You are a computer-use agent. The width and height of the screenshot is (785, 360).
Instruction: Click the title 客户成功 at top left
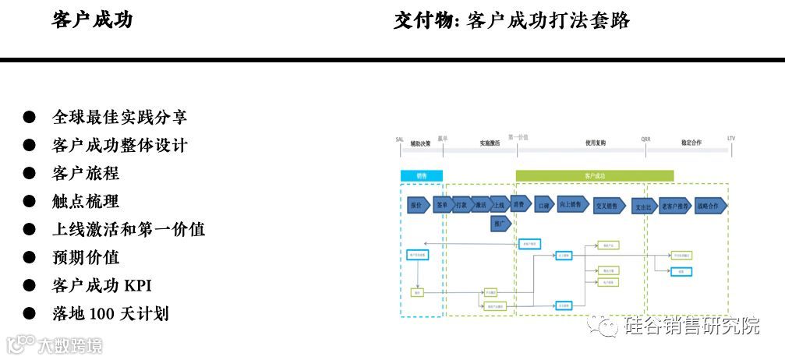pyautogui.click(x=92, y=20)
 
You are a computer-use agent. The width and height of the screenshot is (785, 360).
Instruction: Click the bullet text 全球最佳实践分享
pyautogui.click(x=119, y=117)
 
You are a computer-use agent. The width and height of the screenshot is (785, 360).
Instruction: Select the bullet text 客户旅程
pyautogui.click(x=86, y=173)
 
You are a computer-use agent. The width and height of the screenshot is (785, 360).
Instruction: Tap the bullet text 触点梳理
pyautogui.click(x=86, y=201)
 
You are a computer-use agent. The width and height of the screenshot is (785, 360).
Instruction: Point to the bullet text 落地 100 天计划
pyautogui.click(x=111, y=313)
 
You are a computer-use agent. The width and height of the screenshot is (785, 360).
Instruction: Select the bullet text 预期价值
pyautogui.click(x=86, y=257)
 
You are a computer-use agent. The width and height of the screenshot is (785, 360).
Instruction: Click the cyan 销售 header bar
pyautogui.click(x=422, y=176)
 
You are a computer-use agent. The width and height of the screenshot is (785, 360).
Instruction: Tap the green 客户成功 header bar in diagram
pyautogui.click(x=594, y=176)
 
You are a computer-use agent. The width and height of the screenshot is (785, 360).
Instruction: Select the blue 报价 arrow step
pyautogui.click(x=417, y=206)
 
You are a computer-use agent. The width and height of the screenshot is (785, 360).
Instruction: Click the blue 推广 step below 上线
pyautogui.click(x=501, y=224)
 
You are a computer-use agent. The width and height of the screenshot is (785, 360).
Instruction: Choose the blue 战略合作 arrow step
pyautogui.click(x=710, y=206)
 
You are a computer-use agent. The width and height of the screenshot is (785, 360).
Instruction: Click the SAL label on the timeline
pyautogui.click(x=399, y=139)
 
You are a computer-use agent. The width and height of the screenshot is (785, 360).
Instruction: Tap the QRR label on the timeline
pyautogui.click(x=645, y=139)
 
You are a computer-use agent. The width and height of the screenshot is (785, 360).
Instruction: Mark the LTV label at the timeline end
pyautogui.click(x=730, y=139)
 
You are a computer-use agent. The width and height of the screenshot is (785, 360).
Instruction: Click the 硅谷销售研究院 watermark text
pyautogui.click(x=692, y=325)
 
